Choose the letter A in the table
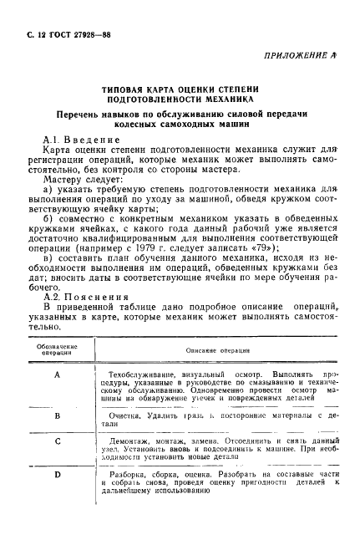(x=58, y=374)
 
